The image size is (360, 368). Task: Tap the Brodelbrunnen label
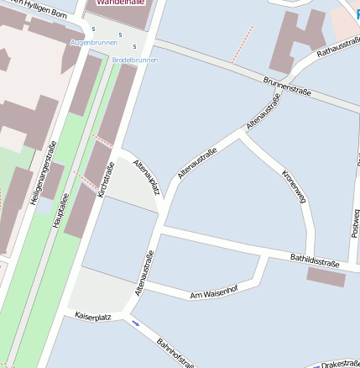click(x=134, y=60)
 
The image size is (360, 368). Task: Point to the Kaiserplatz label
click(x=93, y=317)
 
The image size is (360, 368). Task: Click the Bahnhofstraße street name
click(x=175, y=353)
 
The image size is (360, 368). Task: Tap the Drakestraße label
click(x=340, y=364)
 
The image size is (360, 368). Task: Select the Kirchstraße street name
click(x=106, y=181)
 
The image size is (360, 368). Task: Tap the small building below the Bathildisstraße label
click(x=326, y=276)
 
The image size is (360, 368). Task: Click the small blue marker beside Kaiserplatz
click(x=135, y=322)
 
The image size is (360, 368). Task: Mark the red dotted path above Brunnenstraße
click(x=242, y=44)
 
